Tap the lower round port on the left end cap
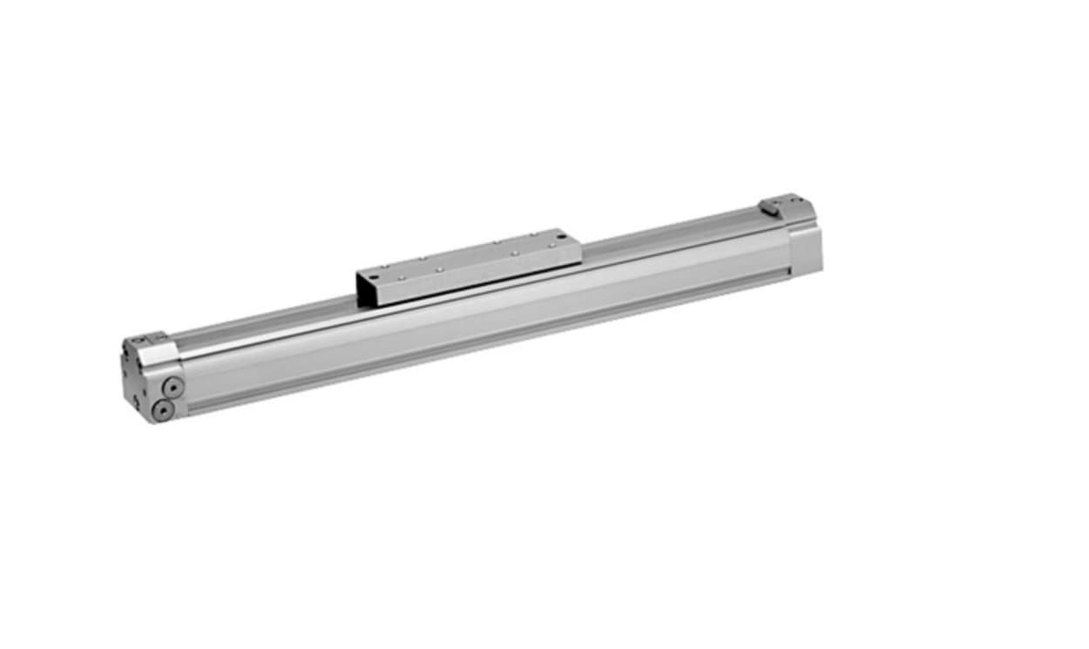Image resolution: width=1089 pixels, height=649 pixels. pos(161,409)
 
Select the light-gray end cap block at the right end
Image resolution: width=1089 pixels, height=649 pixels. pos(805,246)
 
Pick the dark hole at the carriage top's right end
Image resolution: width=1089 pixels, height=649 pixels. pos(563,236)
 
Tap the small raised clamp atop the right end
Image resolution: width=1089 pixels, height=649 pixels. pos(770,206)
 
